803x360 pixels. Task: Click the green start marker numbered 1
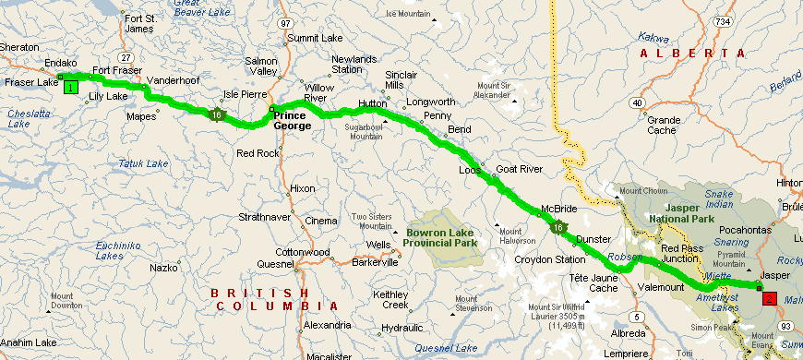coord(69,87)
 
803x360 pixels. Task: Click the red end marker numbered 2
coord(769,298)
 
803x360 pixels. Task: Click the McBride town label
coord(558,209)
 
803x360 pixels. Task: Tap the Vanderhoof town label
coord(172,80)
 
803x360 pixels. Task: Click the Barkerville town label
coord(374,261)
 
